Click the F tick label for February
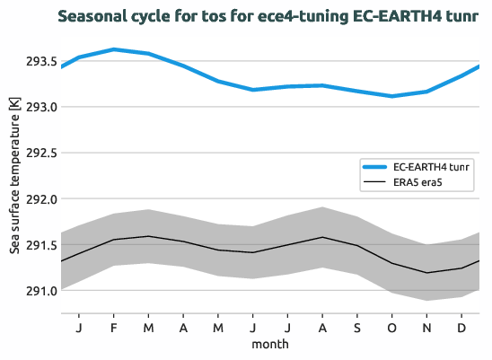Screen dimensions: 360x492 tap(114, 327)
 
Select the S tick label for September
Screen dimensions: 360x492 tap(357, 327)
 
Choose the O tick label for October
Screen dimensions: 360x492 tap(391, 327)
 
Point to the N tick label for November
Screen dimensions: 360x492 tap(426, 327)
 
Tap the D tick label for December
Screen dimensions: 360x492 tap(461, 327)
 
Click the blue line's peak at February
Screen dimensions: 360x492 tap(114, 49)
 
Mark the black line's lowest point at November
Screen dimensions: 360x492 tap(426, 273)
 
